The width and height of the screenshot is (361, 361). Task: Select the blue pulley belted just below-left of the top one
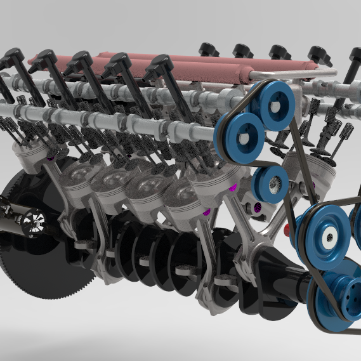(x=240, y=136)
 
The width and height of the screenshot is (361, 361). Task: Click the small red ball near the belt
(x=289, y=226)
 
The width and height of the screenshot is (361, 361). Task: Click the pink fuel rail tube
(x=190, y=63)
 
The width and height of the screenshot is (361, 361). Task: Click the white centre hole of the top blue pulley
(x=278, y=105)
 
